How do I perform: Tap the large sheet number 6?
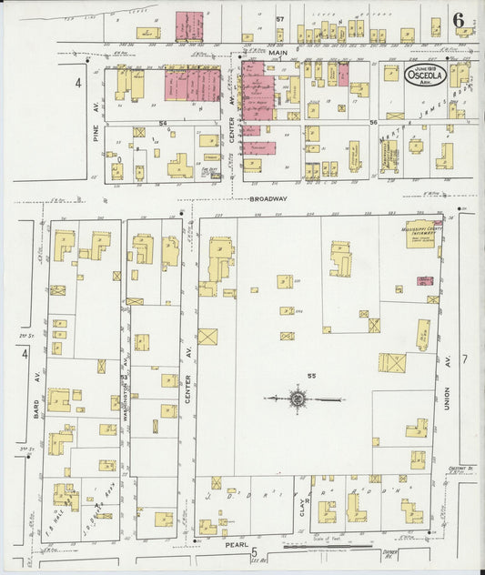tap(459, 20)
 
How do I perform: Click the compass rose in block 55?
tap(298, 398)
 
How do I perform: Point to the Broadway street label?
tap(269, 197)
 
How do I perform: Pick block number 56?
tap(372, 121)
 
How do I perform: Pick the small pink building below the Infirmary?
tap(424, 281)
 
